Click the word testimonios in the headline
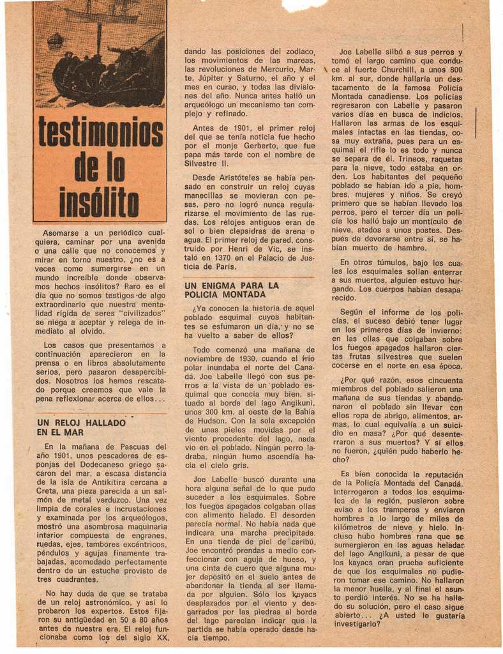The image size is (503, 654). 100,132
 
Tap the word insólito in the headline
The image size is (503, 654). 99,202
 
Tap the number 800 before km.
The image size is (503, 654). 456,70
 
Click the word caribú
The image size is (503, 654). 299,540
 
